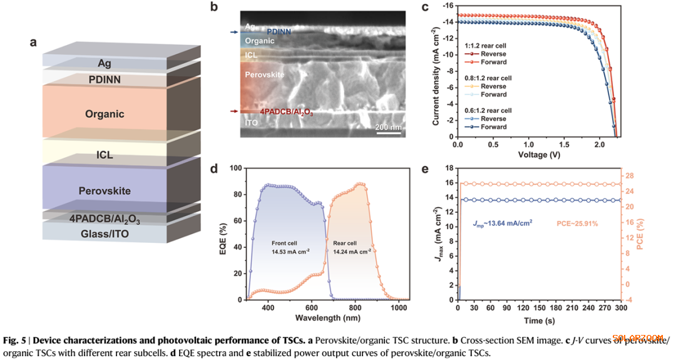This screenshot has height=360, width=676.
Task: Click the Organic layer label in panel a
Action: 106,114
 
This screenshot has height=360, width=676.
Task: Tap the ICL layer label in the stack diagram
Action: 105,155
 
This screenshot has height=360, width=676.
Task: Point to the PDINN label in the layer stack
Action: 105,80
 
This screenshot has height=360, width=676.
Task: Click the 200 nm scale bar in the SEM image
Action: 389,133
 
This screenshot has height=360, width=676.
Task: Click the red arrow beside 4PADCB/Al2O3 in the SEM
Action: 234,111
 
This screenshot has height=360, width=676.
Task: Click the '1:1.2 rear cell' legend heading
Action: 486,46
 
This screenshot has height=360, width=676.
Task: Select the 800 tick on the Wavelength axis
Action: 356,308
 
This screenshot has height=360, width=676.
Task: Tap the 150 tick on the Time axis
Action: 540,308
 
